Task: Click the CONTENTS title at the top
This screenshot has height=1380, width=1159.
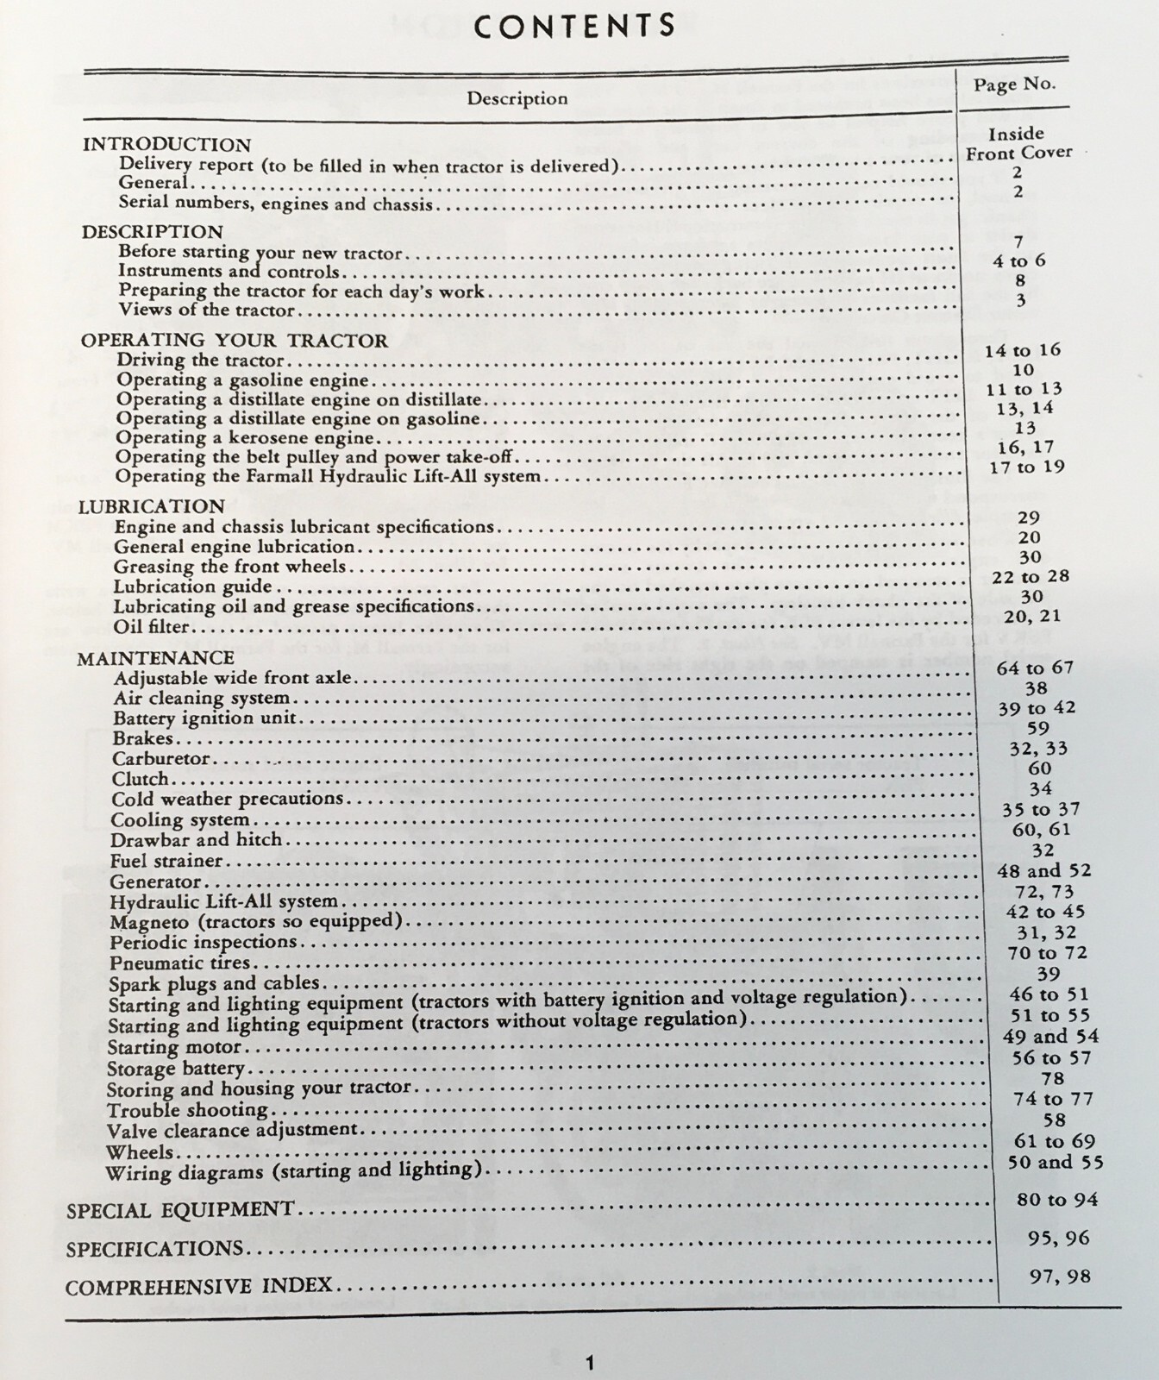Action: point(575,27)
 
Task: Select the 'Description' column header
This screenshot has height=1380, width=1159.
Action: point(517,98)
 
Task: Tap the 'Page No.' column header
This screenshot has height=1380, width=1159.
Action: point(1014,84)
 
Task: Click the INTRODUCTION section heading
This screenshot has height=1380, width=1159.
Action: point(166,144)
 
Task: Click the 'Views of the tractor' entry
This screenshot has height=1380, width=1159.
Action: point(207,310)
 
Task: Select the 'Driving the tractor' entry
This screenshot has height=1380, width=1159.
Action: point(200,360)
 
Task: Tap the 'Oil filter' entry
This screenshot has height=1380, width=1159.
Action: point(151,626)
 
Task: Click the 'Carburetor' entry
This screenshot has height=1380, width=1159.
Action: point(161,759)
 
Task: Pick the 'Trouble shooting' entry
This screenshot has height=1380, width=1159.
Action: point(187,1110)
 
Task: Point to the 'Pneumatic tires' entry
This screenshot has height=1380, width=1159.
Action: point(179,963)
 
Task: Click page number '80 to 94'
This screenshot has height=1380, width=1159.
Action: point(1056,1199)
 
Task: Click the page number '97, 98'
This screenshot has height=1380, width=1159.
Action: point(1060,1276)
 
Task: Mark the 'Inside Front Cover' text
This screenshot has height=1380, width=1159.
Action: point(1018,143)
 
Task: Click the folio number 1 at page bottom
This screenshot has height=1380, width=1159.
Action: point(590,1363)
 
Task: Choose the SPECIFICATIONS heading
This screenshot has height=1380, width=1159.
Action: point(154,1248)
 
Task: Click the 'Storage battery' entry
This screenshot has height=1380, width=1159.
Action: point(175,1069)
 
